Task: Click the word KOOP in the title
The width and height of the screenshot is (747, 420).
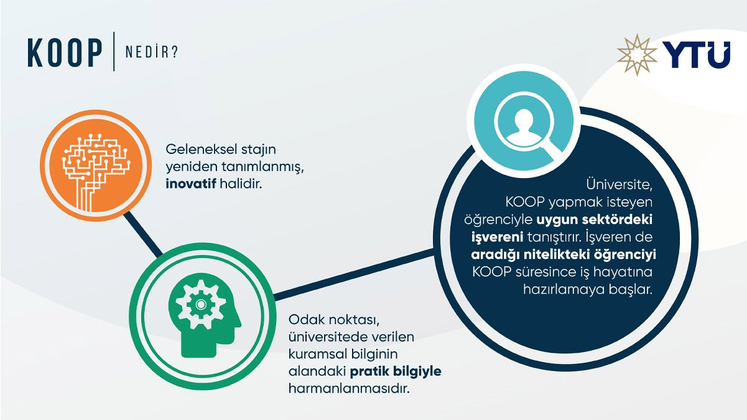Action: [65, 52]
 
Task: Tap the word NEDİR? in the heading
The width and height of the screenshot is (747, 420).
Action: [151, 52]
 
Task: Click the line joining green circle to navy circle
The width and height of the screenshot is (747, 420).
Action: [355, 274]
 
